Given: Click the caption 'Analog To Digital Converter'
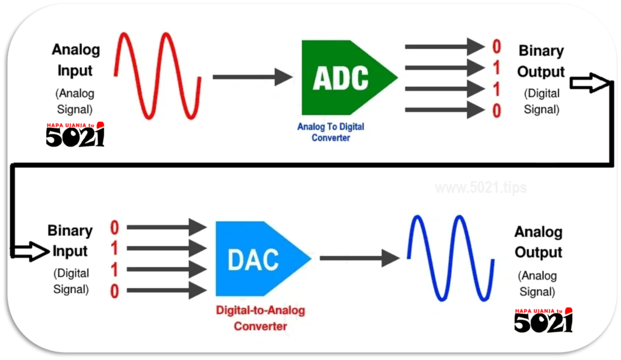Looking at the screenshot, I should coord(331,132).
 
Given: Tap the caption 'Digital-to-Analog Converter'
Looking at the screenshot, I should coord(260,318).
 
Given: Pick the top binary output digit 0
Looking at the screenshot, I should coord(497,47).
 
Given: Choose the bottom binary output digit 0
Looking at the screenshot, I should coord(497,111).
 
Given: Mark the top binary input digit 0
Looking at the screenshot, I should coord(115,228).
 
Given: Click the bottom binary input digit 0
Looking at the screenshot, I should coord(115,292).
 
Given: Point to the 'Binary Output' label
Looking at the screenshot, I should coord(540,61).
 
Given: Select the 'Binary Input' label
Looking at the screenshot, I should coord(70,241).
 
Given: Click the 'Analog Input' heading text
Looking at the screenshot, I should coord(75,59).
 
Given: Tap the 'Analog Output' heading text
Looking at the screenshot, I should coord(538,242).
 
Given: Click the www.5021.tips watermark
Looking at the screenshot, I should coord(480,188).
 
